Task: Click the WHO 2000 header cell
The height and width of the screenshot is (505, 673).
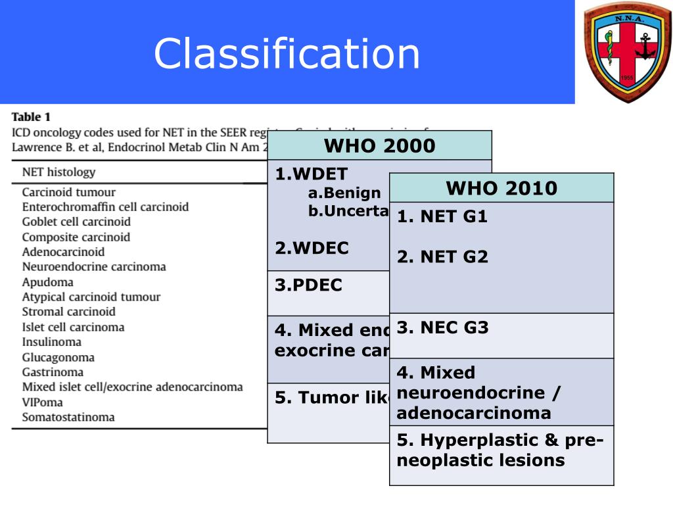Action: [379, 145]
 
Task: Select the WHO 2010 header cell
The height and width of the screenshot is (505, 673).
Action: [501, 189]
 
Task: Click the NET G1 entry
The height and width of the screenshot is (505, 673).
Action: [442, 217]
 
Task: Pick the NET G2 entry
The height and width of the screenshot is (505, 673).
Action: [442, 257]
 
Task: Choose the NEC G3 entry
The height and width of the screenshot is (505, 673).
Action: [442, 327]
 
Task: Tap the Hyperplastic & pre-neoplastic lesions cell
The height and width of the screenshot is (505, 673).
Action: [501, 450]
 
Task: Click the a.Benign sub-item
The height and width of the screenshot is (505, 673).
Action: [344, 193]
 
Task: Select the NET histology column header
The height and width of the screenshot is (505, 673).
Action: [58, 172]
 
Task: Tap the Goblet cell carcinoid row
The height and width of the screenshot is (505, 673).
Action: [76, 222]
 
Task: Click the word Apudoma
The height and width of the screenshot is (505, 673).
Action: [47, 282]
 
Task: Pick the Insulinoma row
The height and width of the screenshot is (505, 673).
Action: [52, 342]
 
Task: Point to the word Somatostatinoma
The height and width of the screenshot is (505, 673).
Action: [68, 417]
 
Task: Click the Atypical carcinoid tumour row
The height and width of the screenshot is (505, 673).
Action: [91, 297]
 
